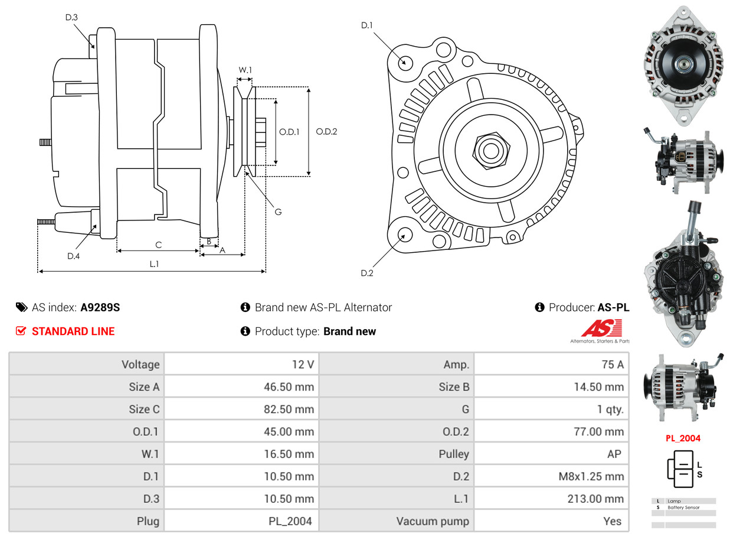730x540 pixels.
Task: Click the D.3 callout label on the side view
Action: click(x=71, y=17)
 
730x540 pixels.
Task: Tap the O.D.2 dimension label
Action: click(x=326, y=132)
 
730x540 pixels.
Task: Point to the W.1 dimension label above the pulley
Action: click(x=245, y=70)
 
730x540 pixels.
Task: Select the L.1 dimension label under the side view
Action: click(x=153, y=264)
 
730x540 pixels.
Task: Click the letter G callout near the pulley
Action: click(x=278, y=211)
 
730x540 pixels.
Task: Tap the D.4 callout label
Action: click(x=73, y=256)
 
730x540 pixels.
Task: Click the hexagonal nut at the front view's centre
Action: click(x=490, y=149)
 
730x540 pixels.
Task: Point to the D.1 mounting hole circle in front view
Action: click(x=405, y=62)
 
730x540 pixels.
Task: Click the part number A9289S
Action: click(x=100, y=307)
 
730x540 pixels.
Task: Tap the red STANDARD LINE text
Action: click(x=73, y=331)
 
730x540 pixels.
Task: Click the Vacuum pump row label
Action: click(x=433, y=521)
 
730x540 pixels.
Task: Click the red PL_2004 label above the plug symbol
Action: click(x=683, y=438)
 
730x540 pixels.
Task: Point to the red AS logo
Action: click(x=601, y=328)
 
